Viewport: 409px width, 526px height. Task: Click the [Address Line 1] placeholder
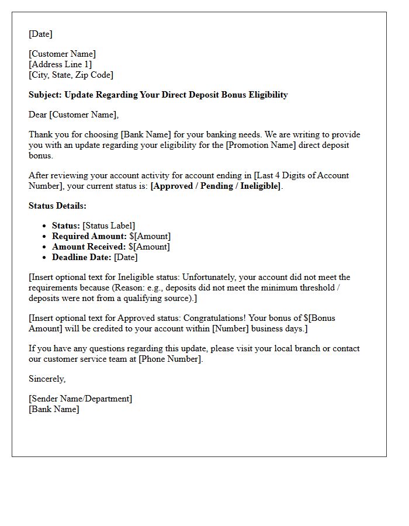pyautogui.click(x=60, y=64)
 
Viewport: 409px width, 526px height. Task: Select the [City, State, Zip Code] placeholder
pyautogui.click(x=71, y=75)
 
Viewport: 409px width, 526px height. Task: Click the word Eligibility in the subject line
pyautogui.click(x=267, y=95)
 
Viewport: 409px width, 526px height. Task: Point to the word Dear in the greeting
pyautogui.click(x=38, y=115)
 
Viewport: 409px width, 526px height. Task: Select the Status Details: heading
pyautogui.click(x=57, y=206)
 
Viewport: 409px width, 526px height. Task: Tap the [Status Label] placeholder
pyautogui.click(x=109, y=226)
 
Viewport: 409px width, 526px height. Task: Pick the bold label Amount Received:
pyautogui.click(x=89, y=247)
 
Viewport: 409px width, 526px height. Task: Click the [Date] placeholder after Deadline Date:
pyautogui.click(x=126, y=257)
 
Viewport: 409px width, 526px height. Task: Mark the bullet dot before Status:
pyautogui.click(x=45, y=226)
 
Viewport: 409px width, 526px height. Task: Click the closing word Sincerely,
pyautogui.click(x=47, y=379)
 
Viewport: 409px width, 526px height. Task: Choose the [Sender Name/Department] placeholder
pyautogui.click(x=81, y=399)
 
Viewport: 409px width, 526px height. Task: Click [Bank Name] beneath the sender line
pyautogui.click(x=54, y=409)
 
